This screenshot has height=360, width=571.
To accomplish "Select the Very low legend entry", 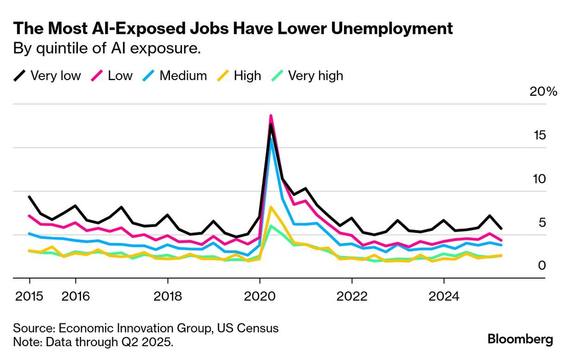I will pos(47,75).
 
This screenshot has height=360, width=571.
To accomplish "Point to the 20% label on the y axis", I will pos(543,91).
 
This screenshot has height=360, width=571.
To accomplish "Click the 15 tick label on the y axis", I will pos(540,135).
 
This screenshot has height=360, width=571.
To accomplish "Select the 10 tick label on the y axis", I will pos(540,179).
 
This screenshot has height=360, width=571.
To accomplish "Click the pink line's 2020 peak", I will pos(271,116).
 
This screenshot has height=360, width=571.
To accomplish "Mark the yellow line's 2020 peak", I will pos(271,207).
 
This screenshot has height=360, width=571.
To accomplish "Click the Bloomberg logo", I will pos(520,339).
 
